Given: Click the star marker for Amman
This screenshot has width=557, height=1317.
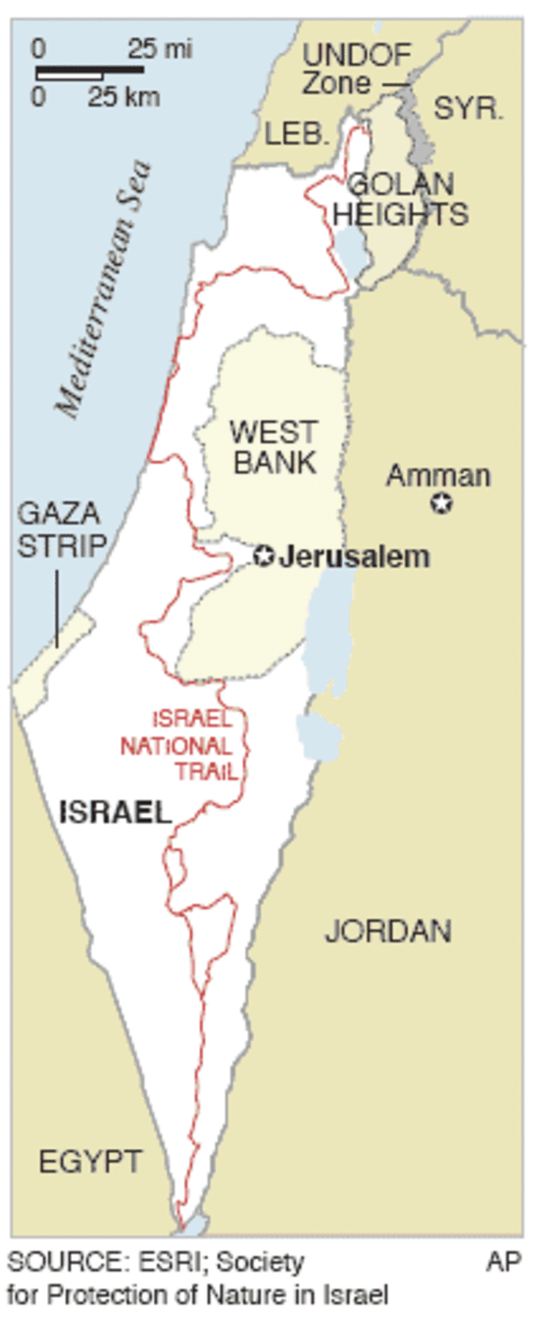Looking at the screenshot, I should point(441,503).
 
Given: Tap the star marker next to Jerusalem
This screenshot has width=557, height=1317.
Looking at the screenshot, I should point(263,556).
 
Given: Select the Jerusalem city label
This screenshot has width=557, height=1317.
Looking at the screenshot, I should point(354,557).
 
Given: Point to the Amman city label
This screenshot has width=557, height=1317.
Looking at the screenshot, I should point(438,476).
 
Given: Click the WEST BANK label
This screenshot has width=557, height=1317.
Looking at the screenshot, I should point(274,447).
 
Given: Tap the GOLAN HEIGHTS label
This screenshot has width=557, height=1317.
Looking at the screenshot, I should point(400,199).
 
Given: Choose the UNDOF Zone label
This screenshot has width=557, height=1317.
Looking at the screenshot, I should point(356,69).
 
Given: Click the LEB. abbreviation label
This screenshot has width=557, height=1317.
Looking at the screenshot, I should point(296,133).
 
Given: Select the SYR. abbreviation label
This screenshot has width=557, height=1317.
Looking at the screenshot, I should point(468,109).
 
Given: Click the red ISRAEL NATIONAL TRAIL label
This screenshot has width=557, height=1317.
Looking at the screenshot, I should point(181,746).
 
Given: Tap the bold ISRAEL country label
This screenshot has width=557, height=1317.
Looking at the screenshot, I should point(115,812).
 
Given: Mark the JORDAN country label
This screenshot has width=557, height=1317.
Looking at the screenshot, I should point(388,931).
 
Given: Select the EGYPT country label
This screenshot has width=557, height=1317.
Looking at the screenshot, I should point(90,1162).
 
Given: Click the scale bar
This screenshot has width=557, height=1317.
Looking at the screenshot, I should point(89,72).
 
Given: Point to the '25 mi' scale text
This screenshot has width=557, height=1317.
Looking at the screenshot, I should point(160,49).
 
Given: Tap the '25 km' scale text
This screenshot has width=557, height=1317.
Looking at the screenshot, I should point(123,97).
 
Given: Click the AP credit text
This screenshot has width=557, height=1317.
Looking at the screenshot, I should point(503,1262).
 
